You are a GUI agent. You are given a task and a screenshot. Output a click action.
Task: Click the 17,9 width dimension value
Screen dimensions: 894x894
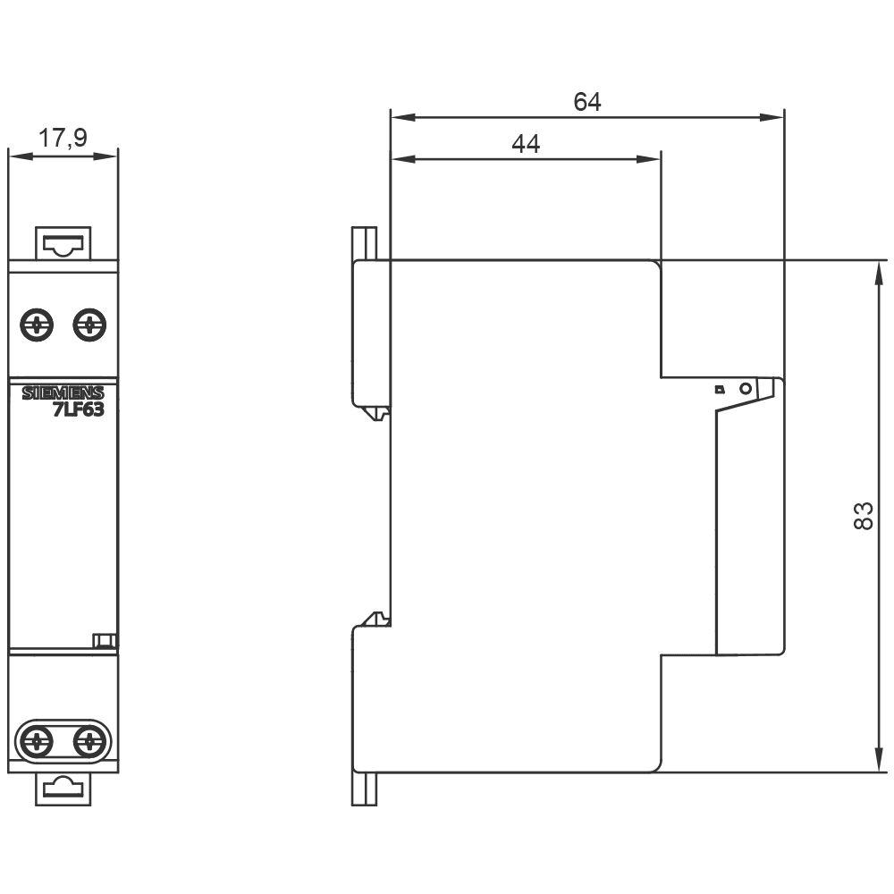coord(63,138)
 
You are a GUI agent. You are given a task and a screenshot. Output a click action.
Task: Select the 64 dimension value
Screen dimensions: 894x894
coord(586,102)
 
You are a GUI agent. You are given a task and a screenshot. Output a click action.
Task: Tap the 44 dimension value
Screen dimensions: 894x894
coord(526,144)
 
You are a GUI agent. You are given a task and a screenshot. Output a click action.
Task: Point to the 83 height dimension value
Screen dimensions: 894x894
coord(862,516)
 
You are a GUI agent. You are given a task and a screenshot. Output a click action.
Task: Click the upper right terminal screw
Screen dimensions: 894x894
coord(89,324)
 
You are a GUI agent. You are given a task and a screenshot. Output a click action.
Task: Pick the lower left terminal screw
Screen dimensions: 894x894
coord(37,739)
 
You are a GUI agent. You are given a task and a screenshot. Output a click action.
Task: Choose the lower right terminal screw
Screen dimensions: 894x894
coord(89,739)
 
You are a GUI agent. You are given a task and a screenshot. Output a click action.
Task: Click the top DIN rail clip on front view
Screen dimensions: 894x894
coord(63,242)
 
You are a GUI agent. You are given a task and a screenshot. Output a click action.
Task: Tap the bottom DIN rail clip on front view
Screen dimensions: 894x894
coord(63,788)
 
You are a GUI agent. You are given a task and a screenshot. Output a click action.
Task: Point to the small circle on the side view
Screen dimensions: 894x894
coord(744,389)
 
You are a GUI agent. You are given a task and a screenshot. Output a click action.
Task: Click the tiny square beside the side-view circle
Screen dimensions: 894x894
coord(718,390)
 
